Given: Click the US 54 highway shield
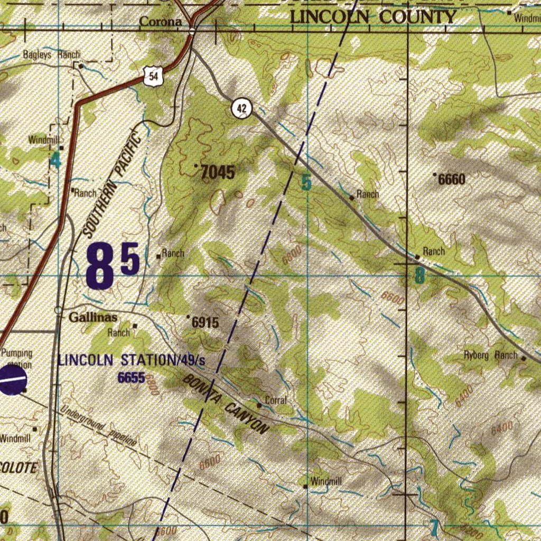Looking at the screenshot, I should point(153,77).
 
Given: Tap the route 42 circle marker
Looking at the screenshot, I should point(241,109).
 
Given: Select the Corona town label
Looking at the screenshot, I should point(161,22).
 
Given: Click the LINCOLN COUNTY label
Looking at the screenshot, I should point(372,17).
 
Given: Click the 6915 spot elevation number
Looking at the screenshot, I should point(205,322).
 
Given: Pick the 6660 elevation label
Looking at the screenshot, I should point(452,180).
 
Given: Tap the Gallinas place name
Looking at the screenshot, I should point(94,317).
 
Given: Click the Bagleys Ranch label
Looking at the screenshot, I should point(51,54).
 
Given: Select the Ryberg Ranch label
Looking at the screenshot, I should point(491,355).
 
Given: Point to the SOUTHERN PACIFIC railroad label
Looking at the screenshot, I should point(113,185).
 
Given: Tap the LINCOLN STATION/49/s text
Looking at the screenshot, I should point(132,361).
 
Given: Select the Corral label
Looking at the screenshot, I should point(275,400).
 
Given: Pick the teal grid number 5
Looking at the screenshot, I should point(306,183).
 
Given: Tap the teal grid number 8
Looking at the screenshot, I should point(419,276).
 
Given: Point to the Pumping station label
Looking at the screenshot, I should point(16,358).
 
